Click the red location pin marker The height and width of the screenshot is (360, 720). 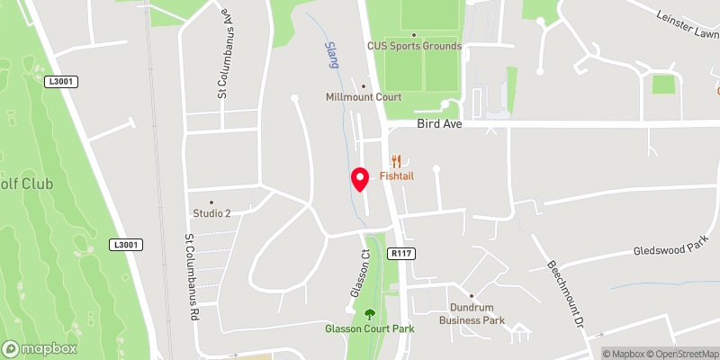pyautogui.click(x=360, y=179)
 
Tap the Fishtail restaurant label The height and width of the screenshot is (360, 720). pyautogui.click(x=396, y=177)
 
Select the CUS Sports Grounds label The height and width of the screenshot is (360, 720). pyautogui.click(x=414, y=46)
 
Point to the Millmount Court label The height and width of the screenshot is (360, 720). pyautogui.click(x=364, y=97)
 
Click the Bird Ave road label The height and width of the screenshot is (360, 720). pyautogui.click(x=439, y=124)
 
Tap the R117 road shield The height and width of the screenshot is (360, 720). pyautogui.click(x=400, y=255)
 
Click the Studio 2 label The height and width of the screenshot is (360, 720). pyautogui.click(x=211, y=213)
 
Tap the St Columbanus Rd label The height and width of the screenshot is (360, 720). pyautogui.click(x=191, y=277)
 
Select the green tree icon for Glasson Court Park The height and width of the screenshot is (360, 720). pyautogui.click(x=369, y=314)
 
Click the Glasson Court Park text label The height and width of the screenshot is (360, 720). pyautogui.click(x=369, y=328)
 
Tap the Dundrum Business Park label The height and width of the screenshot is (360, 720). pyautogui.click(x=472, y=314)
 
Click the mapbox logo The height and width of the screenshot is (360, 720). pyautogui.click(x=40, y=348)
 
